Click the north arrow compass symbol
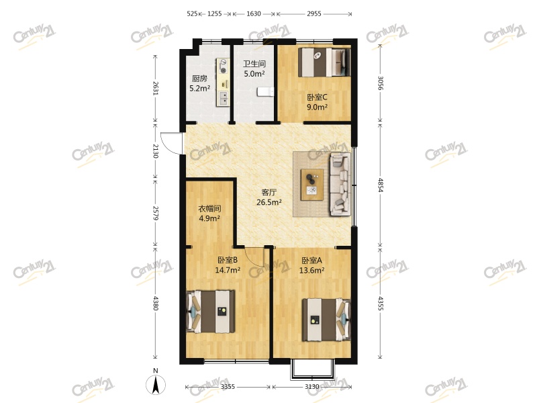[156, 384]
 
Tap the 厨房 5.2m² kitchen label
[199, 83]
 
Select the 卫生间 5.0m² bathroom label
[254, 69]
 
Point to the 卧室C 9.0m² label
[317, 102]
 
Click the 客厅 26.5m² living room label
[269, 197]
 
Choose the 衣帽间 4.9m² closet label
[209, 214]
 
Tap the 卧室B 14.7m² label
[228, 265]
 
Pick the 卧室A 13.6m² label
[311, 265]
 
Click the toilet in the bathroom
[265, 91]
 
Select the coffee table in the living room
[312, 185]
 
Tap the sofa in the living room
[340, 184]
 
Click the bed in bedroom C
[324, 62]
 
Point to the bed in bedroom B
[210, 312]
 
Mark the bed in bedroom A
[326, 320]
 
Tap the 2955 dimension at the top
[313, 13]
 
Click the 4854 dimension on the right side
[380, 185]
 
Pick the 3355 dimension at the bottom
[228, 387]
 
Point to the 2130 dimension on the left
[155, 151]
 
